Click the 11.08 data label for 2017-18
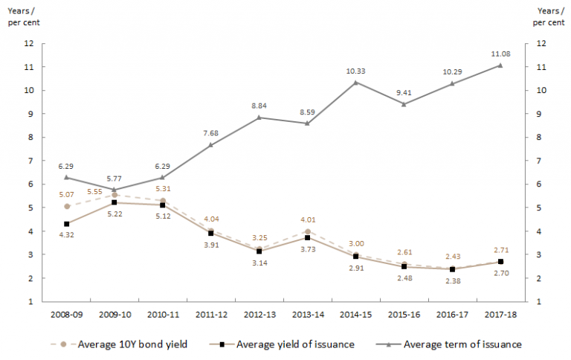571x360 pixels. click(500, 54)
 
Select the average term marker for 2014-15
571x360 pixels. click(356, 82)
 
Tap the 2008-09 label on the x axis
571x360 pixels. click(66, 315)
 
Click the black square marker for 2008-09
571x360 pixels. click(66, 224)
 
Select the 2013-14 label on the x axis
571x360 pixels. click(307, 315)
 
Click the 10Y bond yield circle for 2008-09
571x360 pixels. click(66, 206)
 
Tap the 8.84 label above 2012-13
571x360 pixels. click(259, 105)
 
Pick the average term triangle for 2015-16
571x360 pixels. click(404, 104)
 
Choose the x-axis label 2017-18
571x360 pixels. click(500, 315)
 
